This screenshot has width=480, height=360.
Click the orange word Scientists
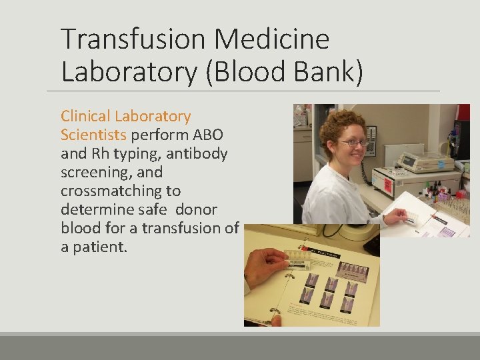pos(93,135)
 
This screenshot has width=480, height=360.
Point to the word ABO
pos(208,135)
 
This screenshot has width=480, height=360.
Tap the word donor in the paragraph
pos(196,209)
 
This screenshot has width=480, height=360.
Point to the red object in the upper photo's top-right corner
pos(463,112)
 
